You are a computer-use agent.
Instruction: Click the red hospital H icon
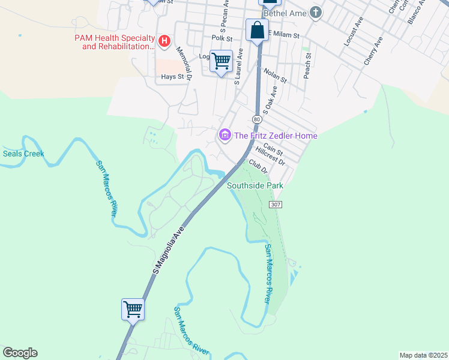165,41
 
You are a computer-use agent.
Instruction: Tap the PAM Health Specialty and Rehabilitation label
115,41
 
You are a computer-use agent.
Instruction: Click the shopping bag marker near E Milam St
257,30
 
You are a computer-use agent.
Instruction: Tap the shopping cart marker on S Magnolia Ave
133,310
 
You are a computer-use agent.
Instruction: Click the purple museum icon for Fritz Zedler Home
225,135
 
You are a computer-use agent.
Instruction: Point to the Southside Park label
255,186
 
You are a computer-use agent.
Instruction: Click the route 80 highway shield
257,119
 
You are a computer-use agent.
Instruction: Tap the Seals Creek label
23,154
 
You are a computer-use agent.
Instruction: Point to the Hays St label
173,77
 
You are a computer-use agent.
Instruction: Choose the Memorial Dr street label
184,64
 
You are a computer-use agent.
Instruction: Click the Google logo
20,353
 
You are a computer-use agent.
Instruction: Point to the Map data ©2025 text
423,355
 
